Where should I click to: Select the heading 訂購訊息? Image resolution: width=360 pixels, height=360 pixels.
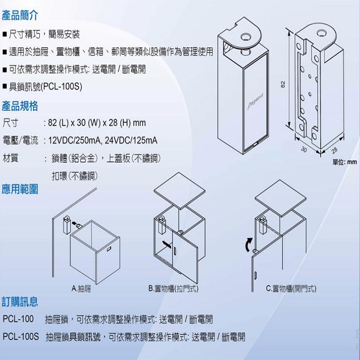20,303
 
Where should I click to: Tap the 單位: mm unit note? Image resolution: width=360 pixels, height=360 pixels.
345,162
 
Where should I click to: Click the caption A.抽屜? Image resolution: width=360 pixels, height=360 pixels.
82,289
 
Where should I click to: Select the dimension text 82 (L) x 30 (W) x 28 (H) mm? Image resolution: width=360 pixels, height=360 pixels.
98,122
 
